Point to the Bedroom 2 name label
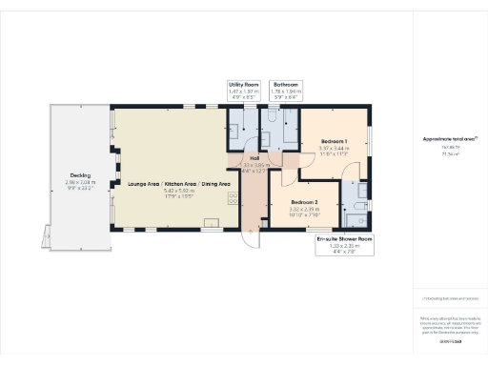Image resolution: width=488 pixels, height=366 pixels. point(304,202)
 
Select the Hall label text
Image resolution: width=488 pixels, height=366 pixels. point(254,158)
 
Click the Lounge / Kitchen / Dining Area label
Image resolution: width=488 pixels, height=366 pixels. point(173,183)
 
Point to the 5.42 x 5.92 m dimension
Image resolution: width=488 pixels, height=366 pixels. point(173,190)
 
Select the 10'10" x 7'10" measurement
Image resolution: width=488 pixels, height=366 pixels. point(304,215)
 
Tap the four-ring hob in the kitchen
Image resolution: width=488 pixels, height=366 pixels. point(232,198)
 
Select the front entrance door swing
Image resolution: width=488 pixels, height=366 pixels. point(249,236)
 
